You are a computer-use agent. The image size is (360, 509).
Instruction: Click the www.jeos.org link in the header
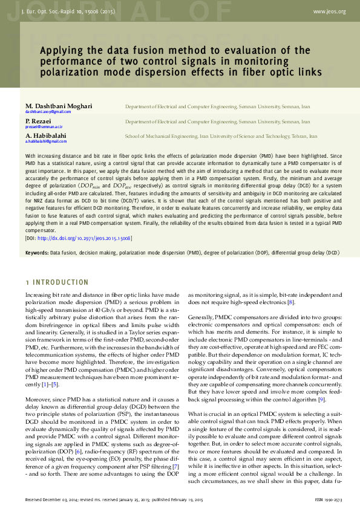329,11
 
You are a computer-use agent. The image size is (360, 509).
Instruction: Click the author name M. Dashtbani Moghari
59,106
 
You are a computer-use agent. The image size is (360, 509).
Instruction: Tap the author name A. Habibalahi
46,136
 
